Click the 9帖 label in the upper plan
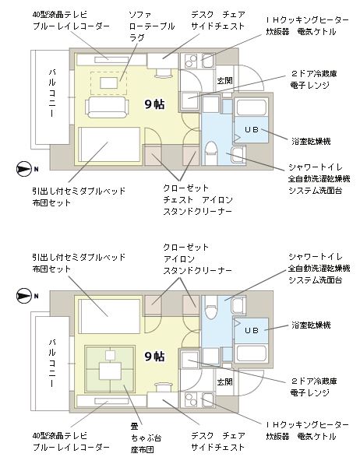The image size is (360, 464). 154,104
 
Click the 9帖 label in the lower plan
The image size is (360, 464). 154,356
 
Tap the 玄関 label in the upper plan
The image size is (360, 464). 224,80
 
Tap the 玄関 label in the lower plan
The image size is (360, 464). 224,381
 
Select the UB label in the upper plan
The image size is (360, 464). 252,129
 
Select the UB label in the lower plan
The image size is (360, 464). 252,330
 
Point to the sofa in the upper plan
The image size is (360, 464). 107,107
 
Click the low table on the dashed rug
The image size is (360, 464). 109,83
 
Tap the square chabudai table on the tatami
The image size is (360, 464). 110,371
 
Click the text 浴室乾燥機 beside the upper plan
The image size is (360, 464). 311,142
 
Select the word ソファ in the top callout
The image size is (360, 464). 140,15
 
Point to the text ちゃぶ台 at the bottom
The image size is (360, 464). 146,438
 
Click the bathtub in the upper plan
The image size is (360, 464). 251,107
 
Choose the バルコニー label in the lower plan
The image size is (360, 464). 52,363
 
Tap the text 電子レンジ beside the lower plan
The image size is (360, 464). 310,392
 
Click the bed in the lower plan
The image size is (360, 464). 109,316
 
